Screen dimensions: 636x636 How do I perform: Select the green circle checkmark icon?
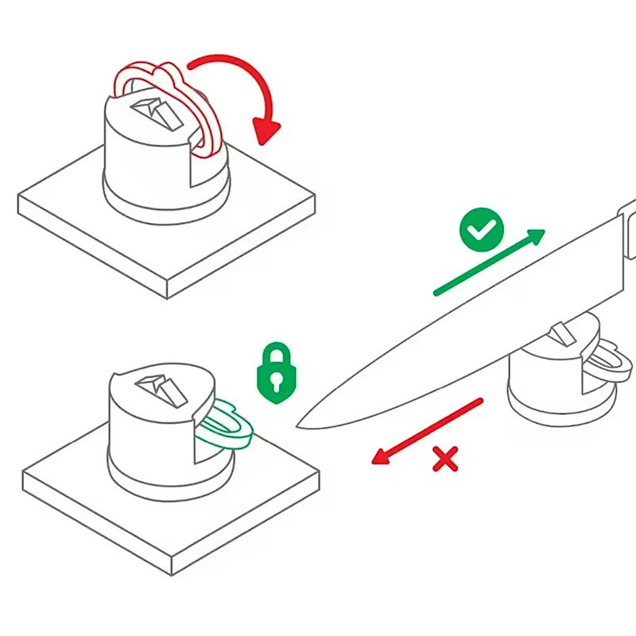(482, 230)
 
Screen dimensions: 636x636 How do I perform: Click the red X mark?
(446, 459)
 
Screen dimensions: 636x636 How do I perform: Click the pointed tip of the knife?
(299, 426)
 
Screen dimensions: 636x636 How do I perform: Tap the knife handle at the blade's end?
(628, 231)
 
